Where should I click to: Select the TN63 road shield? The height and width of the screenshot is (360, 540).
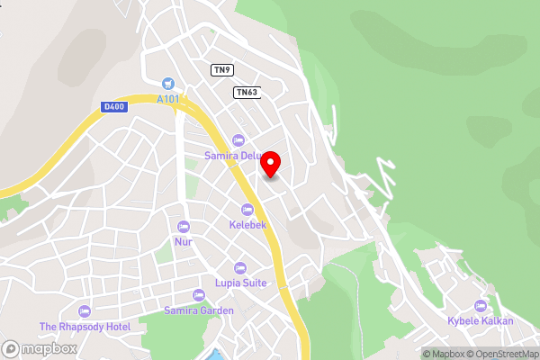(246, 92)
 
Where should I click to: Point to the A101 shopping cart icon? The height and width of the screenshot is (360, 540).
(166, 83)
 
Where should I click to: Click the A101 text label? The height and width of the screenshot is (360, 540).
(166, 98)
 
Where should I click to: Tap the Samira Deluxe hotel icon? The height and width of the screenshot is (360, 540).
(238, 140)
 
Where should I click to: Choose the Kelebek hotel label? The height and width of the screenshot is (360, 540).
(247, 224)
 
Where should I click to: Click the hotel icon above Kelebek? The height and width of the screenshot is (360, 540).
(247, 210)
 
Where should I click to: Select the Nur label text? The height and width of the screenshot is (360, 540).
(184, 241)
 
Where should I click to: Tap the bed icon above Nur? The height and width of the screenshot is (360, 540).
(184, 227)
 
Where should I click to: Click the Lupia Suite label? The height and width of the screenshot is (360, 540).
(240, 283)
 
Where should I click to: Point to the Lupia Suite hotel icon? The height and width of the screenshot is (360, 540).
(240, 268)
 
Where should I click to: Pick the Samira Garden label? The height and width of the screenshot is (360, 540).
(199, 310)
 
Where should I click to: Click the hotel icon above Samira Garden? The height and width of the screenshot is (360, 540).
(199, 295)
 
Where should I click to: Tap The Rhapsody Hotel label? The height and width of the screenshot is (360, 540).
(85, 326)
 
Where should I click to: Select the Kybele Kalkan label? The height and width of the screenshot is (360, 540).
(481, 321)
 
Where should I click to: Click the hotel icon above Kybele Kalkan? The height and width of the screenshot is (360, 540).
(481, 306)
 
